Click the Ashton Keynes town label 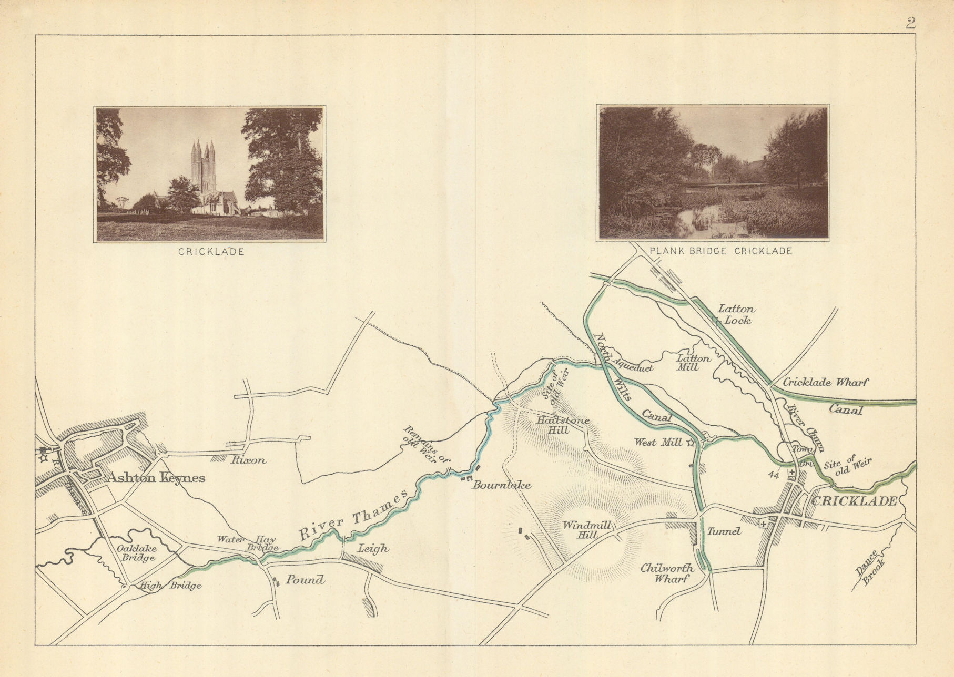pos(156,478)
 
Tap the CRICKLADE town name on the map pos(854,501)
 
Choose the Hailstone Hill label pos(563,425)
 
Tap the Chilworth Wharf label pos(667,573)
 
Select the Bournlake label pos(501,485)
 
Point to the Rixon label pos(248,460)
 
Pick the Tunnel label pos(724,531)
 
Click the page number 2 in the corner pos(910,23)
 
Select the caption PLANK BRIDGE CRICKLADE pos(720,251)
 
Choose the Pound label pos(305,580)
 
